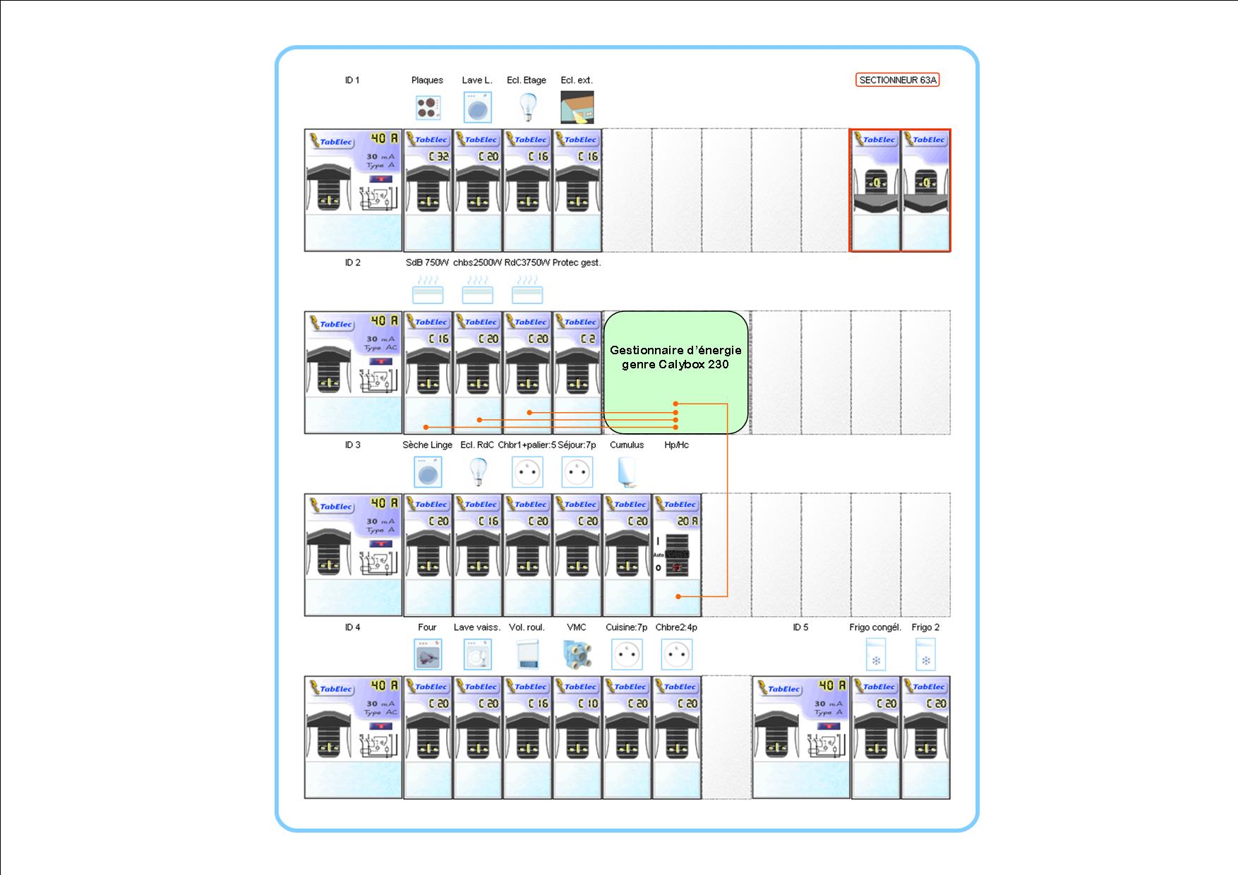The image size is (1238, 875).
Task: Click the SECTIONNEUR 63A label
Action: [897, 80]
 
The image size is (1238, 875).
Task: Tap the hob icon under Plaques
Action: [428, 108]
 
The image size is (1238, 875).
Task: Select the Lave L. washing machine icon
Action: [478, 109]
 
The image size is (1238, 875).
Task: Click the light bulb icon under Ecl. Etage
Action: [527, 107]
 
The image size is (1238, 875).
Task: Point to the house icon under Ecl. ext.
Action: [577, 107]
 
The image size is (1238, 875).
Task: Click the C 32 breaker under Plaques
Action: [428, 190]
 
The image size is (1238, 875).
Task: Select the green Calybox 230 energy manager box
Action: [675, 372]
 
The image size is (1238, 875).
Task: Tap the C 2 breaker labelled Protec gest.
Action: [577, 372]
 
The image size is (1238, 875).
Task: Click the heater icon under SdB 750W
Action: [428, 290]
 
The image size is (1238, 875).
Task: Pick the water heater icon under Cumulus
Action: [626, 472]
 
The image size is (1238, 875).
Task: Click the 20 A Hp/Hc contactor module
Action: [677, 555]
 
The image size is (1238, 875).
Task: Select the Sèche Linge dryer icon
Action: [428, 472]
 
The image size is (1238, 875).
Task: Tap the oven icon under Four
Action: [428, 655]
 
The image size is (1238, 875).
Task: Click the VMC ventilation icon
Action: [577, 655]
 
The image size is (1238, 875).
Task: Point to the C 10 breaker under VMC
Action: [577, 737]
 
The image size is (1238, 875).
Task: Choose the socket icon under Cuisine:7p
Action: [627, 655]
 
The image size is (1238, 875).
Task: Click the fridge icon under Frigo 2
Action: [925, 655]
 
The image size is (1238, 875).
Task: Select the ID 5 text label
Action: [800, 627]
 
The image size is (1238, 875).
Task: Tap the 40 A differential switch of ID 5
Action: [801, 737]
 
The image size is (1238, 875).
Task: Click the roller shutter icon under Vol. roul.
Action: [527, 655]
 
